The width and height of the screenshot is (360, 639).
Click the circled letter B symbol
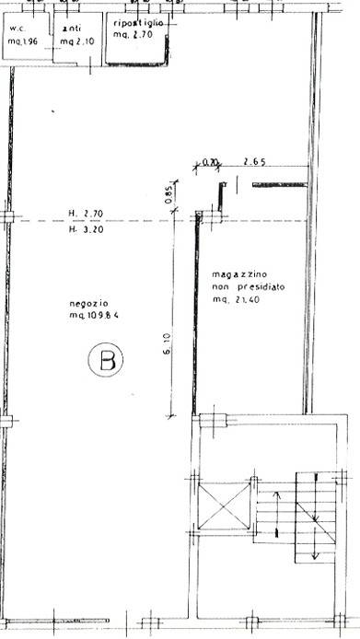[x=106, y=359]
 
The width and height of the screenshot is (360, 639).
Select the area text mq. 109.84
[x=94, y=315]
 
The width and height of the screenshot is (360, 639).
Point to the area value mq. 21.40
[x=236, y=300]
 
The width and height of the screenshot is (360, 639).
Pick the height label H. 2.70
[x=86, y=214]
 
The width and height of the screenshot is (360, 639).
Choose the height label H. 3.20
[x=86, y=229]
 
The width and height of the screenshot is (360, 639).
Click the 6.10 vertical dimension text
[x=168, y=344]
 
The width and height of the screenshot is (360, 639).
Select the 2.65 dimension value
[x=255, y=162]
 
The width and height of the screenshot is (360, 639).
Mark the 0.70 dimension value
[x=210, y=163]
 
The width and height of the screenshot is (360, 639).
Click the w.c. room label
[x=17, y=29]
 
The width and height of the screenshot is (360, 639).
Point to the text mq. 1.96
[x=23, y=41]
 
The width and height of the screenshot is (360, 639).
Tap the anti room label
[x=72, y=29]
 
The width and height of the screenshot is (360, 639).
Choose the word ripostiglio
[x=138, y=23]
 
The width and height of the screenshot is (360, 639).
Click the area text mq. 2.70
[x=133, y=35]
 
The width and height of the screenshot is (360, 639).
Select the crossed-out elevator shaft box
[x=224, y=506]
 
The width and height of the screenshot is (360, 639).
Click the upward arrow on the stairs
[x=277, y=514]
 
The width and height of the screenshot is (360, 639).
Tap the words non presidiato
[x=248, y=287]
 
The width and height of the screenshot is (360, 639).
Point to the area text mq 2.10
[x=77, y=41]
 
